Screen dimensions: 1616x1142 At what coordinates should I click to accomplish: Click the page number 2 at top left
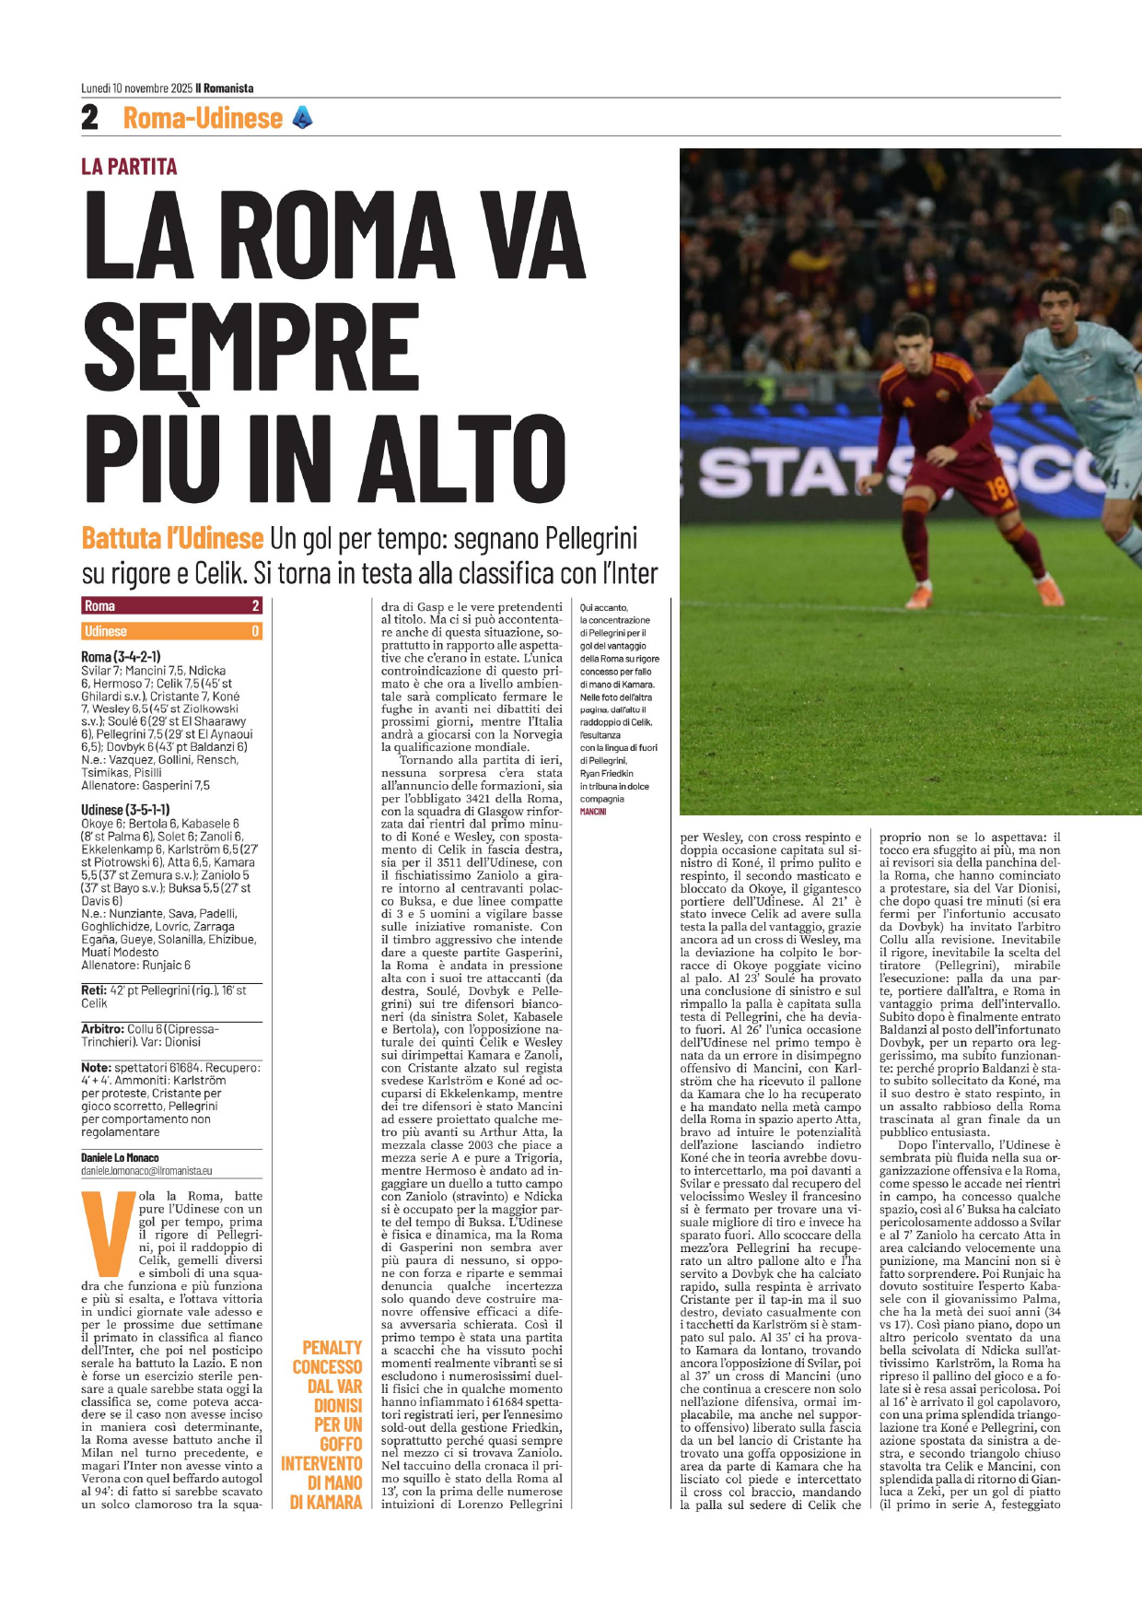(89, 118)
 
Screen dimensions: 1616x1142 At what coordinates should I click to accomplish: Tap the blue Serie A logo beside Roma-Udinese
(302, 117)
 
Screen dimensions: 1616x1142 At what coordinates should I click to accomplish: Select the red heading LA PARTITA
(129, 167)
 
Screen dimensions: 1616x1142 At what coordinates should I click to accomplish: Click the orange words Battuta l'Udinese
(172, 538)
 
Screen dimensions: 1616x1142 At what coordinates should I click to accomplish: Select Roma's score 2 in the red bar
(255, 605)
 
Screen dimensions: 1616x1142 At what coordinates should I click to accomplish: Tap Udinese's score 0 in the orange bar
(255, 631)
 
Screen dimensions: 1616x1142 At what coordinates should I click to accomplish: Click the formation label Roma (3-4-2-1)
(121, 657)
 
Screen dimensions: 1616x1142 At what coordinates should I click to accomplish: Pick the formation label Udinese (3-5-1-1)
(125, 810)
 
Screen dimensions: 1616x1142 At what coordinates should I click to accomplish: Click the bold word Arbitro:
(102, 1028)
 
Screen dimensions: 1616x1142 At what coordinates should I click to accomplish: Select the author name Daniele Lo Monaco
(120, 1157)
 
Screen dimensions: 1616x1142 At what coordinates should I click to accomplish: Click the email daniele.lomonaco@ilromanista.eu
(146, 1171)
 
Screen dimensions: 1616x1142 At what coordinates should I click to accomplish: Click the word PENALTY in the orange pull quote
(332, 1348)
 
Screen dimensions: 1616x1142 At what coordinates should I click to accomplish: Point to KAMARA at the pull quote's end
(337, 1502)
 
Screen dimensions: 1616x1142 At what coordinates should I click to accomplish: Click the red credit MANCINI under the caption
(592, 812)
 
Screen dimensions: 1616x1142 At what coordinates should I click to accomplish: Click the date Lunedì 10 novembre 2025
(136, 88)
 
